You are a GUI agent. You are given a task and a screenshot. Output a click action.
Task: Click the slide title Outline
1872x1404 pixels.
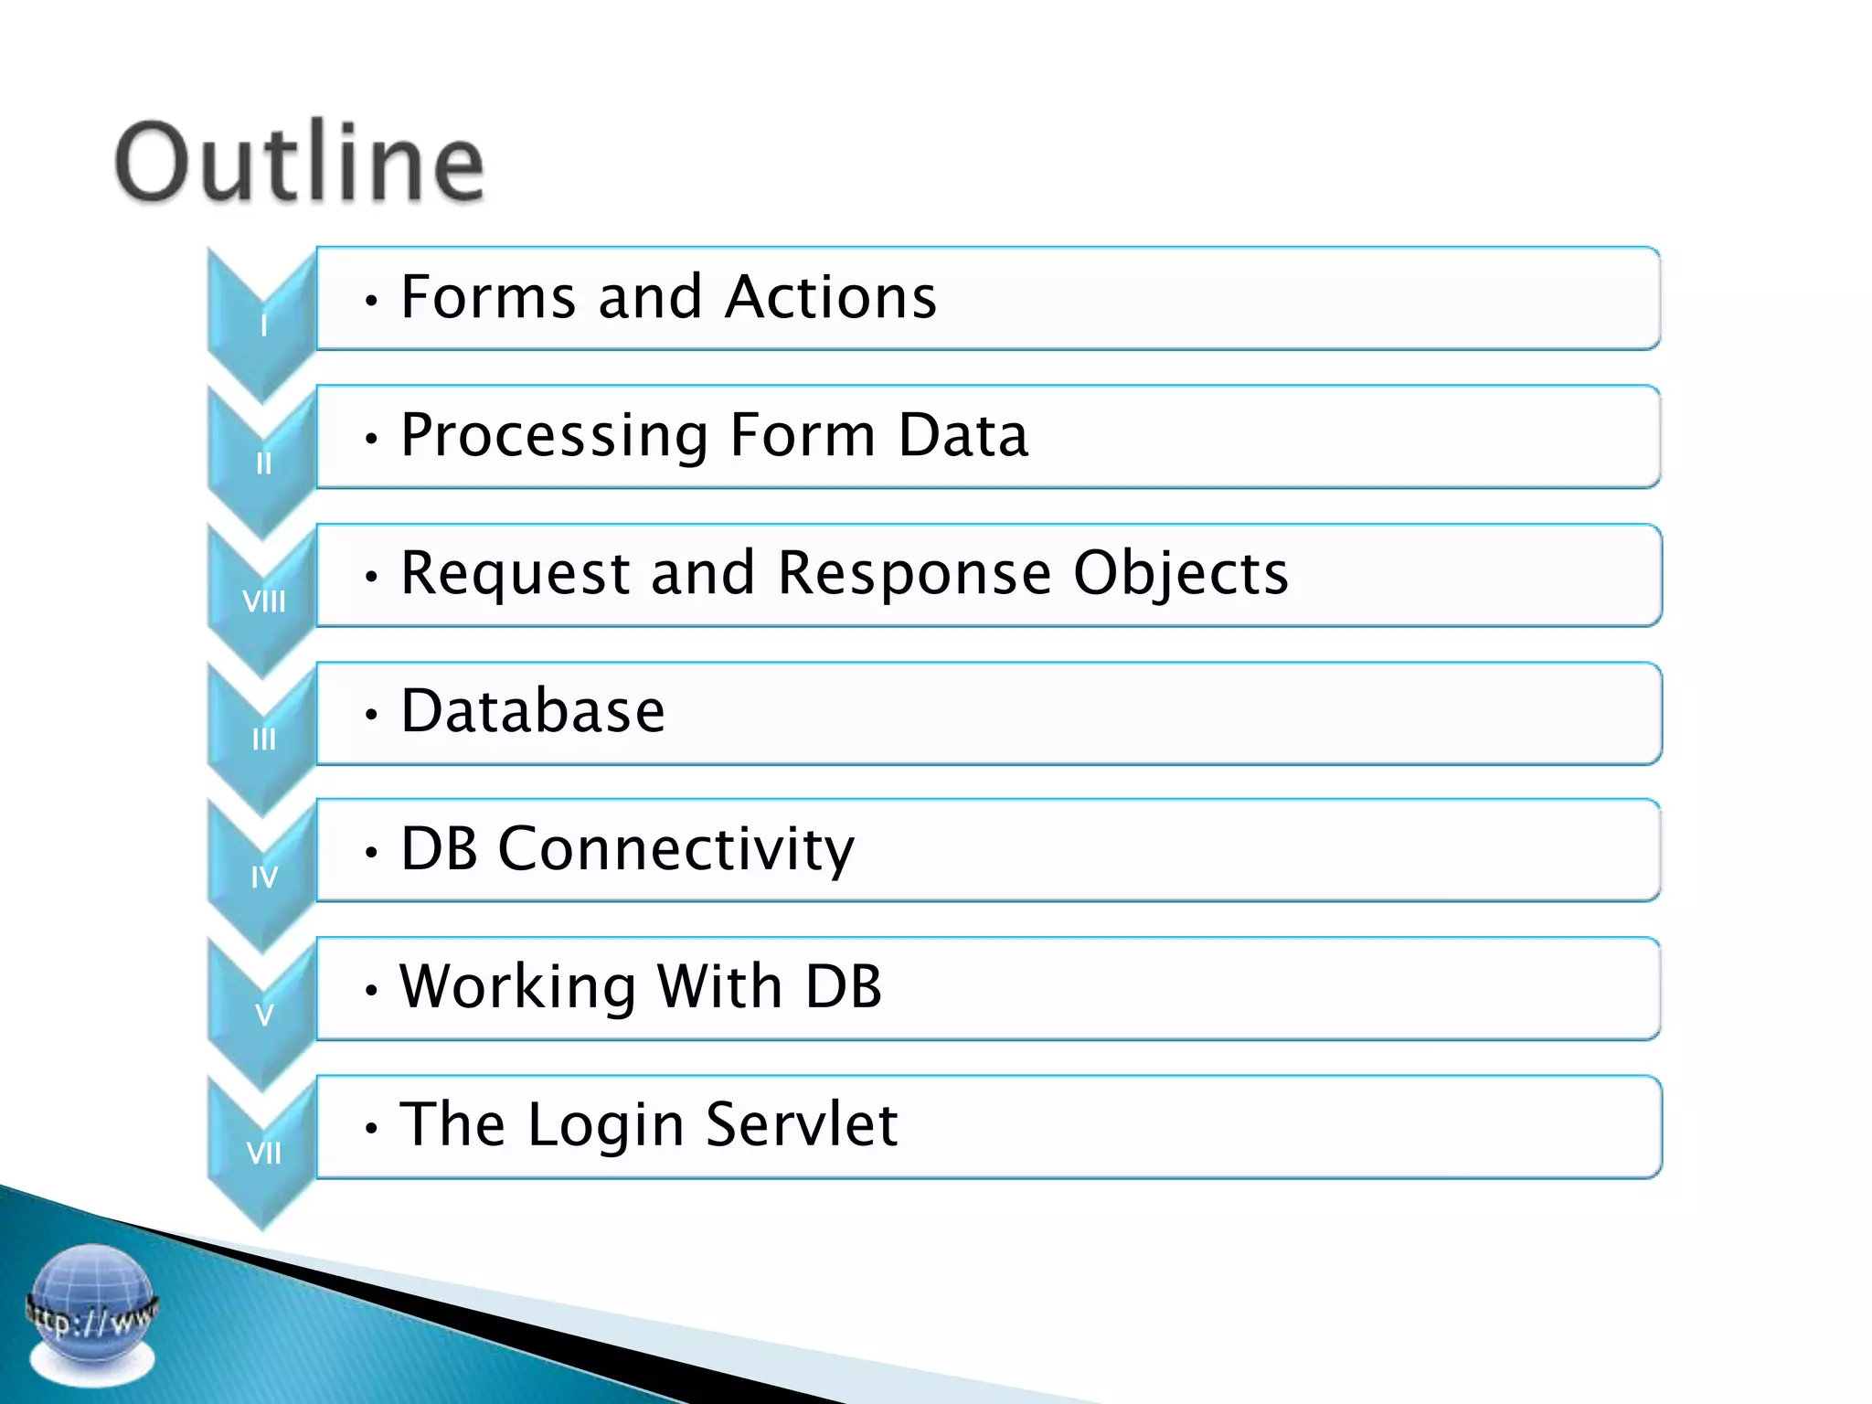click(x=299, y=163)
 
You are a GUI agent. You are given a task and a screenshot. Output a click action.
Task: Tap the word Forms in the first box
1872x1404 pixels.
click(x=488, y=297)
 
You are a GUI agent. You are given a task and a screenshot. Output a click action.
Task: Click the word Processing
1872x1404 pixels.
click(x=554, y=436)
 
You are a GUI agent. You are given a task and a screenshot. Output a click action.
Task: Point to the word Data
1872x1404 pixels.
click(x=963, y=435)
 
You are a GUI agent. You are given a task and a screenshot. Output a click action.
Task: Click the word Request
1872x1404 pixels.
click(x=516, y=574)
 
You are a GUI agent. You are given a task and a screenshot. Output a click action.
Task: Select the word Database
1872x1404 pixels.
click(x=533, y=711)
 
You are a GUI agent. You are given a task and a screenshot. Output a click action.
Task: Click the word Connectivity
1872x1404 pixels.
click(x=675, y=850)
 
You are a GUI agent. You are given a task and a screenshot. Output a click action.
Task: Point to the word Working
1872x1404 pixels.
click(x=517, y=988)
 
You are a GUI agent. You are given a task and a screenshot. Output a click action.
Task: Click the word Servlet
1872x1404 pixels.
click(x=802, y=1124)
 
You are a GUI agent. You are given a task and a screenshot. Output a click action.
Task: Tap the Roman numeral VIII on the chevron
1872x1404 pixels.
click(x=263, y=601)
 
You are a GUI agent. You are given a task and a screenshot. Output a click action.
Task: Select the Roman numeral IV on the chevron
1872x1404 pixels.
click(x=263, y=877)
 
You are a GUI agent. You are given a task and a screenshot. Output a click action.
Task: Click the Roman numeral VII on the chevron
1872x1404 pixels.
click(x=263, y=1154)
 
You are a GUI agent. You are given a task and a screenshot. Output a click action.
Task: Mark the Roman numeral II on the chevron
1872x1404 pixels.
click(x=263, y=464)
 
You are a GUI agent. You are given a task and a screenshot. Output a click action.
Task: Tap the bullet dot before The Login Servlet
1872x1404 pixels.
click(x=370, y=1129)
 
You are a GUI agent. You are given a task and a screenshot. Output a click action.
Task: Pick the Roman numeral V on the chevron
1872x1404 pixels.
click(x=263, y=1016)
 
